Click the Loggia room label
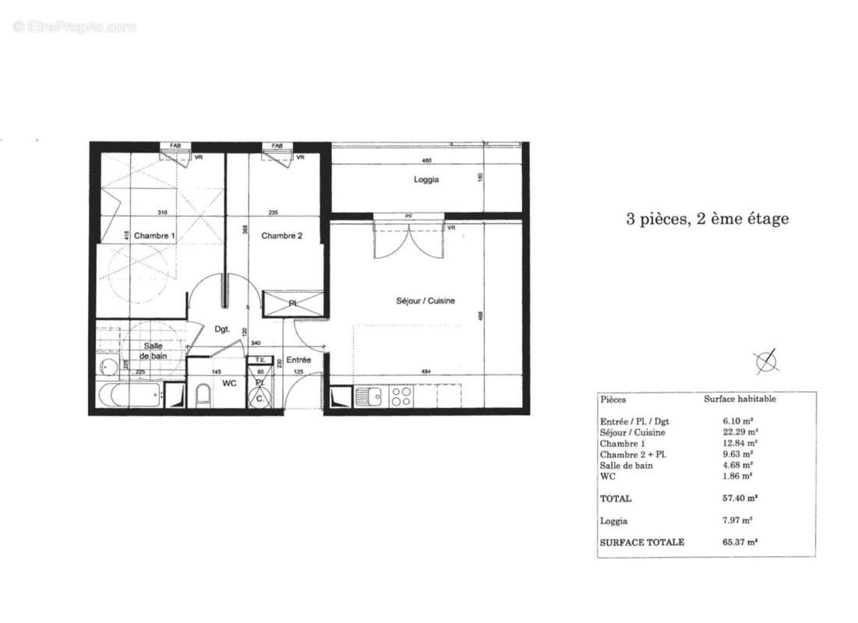coord(425,180)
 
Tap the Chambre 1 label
coord(154,235)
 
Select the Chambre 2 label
coord(281,235)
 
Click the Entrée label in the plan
coord(298,360)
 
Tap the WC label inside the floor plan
coord(229,383)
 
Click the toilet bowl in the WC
coord(203,396)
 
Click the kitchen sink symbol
coord(369,397)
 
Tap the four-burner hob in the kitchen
coord(401,396)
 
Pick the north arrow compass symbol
coord(767,360)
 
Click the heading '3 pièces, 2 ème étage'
coord(707,219)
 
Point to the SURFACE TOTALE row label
coord(642,542)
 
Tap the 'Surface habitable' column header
coord(740,399)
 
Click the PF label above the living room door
coord(408,216)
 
